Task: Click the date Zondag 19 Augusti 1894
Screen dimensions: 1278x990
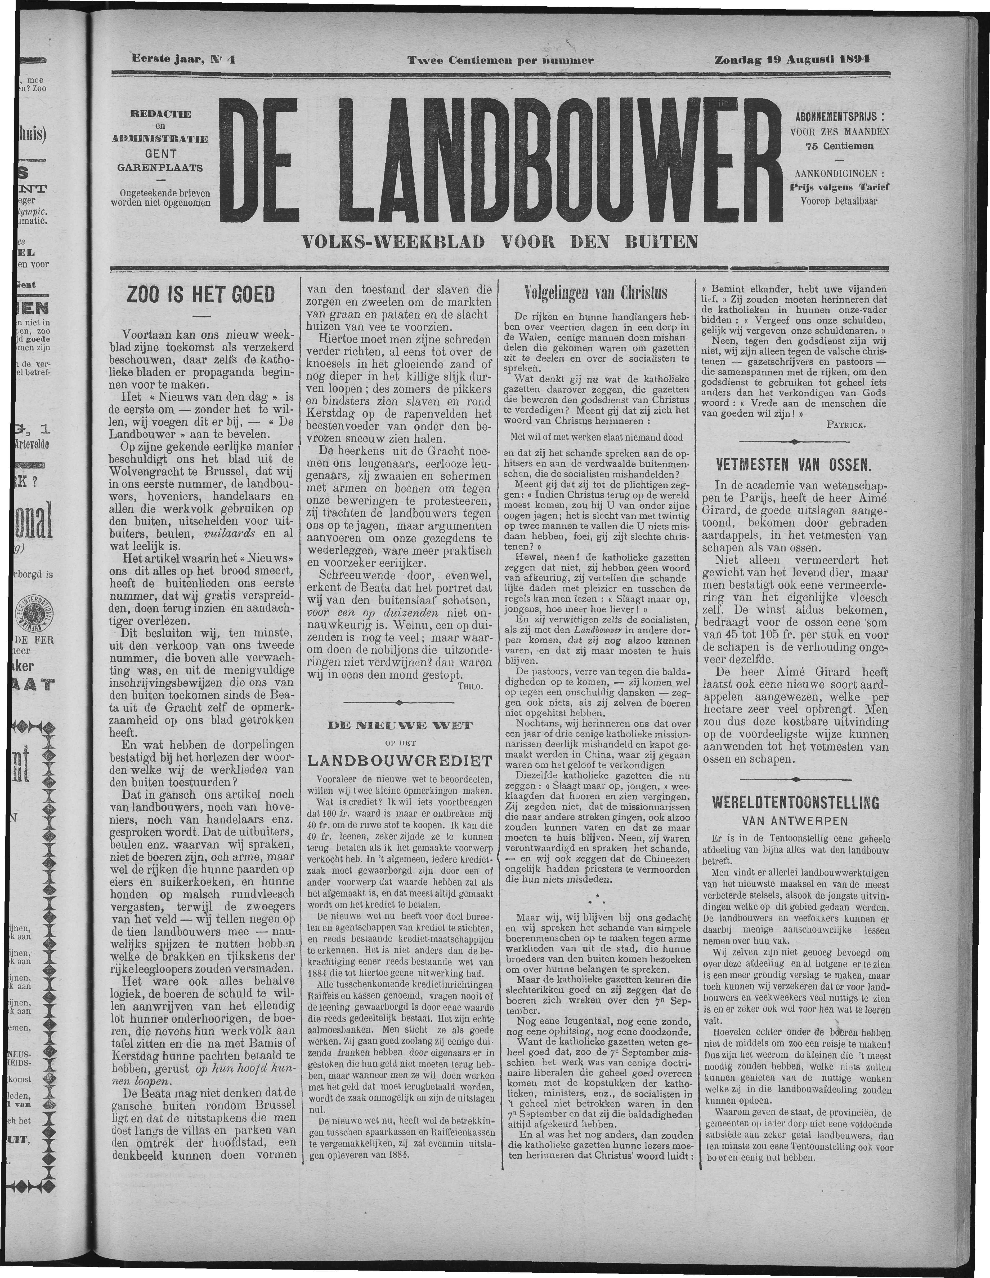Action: tap(791, 59)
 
